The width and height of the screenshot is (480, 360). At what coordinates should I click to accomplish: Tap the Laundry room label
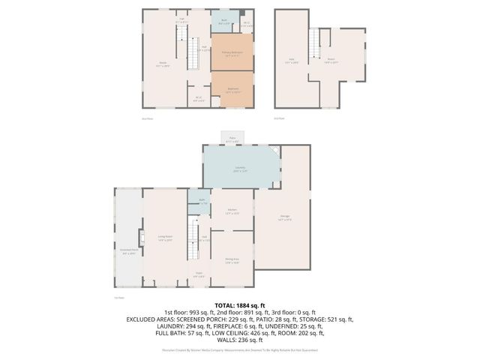click(240, 168)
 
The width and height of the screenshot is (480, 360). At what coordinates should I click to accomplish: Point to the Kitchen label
click(232, 211)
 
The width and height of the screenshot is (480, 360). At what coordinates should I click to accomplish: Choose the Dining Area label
click(232, 260)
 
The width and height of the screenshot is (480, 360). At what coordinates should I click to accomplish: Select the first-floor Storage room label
click(285, 218)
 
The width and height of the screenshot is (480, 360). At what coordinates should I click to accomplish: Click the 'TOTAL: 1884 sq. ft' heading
click(240, 305)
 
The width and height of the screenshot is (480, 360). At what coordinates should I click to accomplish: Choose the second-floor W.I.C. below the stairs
click(198, 97)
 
